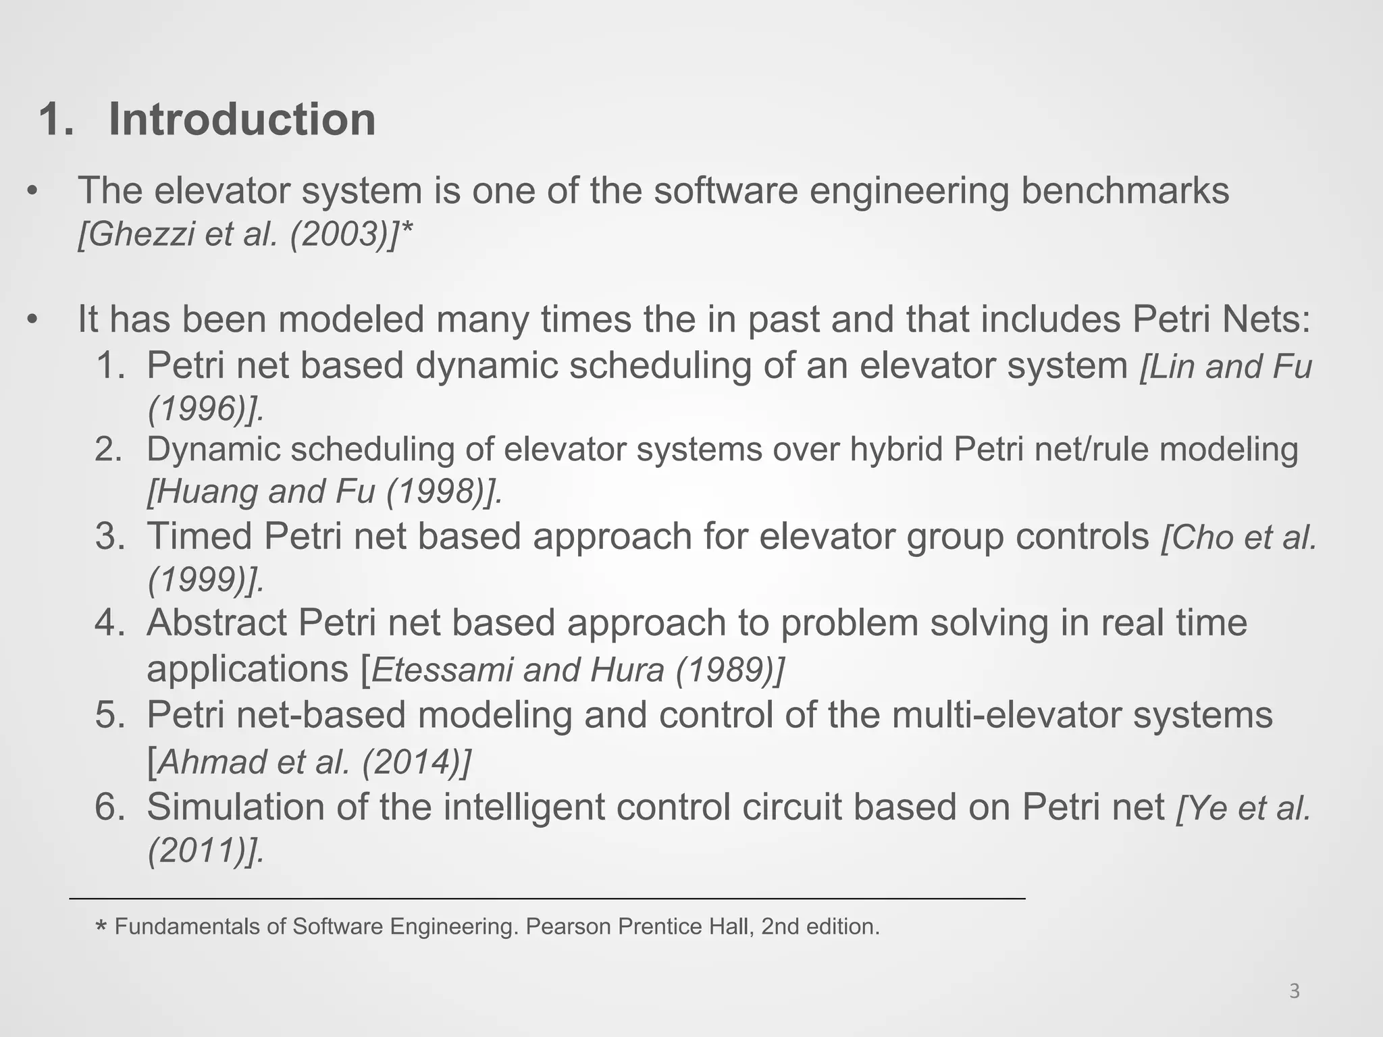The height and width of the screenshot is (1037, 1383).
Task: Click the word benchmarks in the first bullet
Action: click(1124, 190)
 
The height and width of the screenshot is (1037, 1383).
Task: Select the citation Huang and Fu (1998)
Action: click(324, 491)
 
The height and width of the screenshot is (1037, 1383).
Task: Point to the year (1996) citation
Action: click(205, 408)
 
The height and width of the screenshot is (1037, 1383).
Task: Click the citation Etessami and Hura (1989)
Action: click(577, 670)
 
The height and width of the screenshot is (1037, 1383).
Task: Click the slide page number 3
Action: click(1294, 991)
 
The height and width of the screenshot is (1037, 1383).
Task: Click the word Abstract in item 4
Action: click(216, 622)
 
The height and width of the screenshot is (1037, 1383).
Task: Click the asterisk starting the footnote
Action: click(101, 928)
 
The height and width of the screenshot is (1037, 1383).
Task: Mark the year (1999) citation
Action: click(205, 580)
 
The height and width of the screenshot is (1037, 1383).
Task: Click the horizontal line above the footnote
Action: click(547, 899)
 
